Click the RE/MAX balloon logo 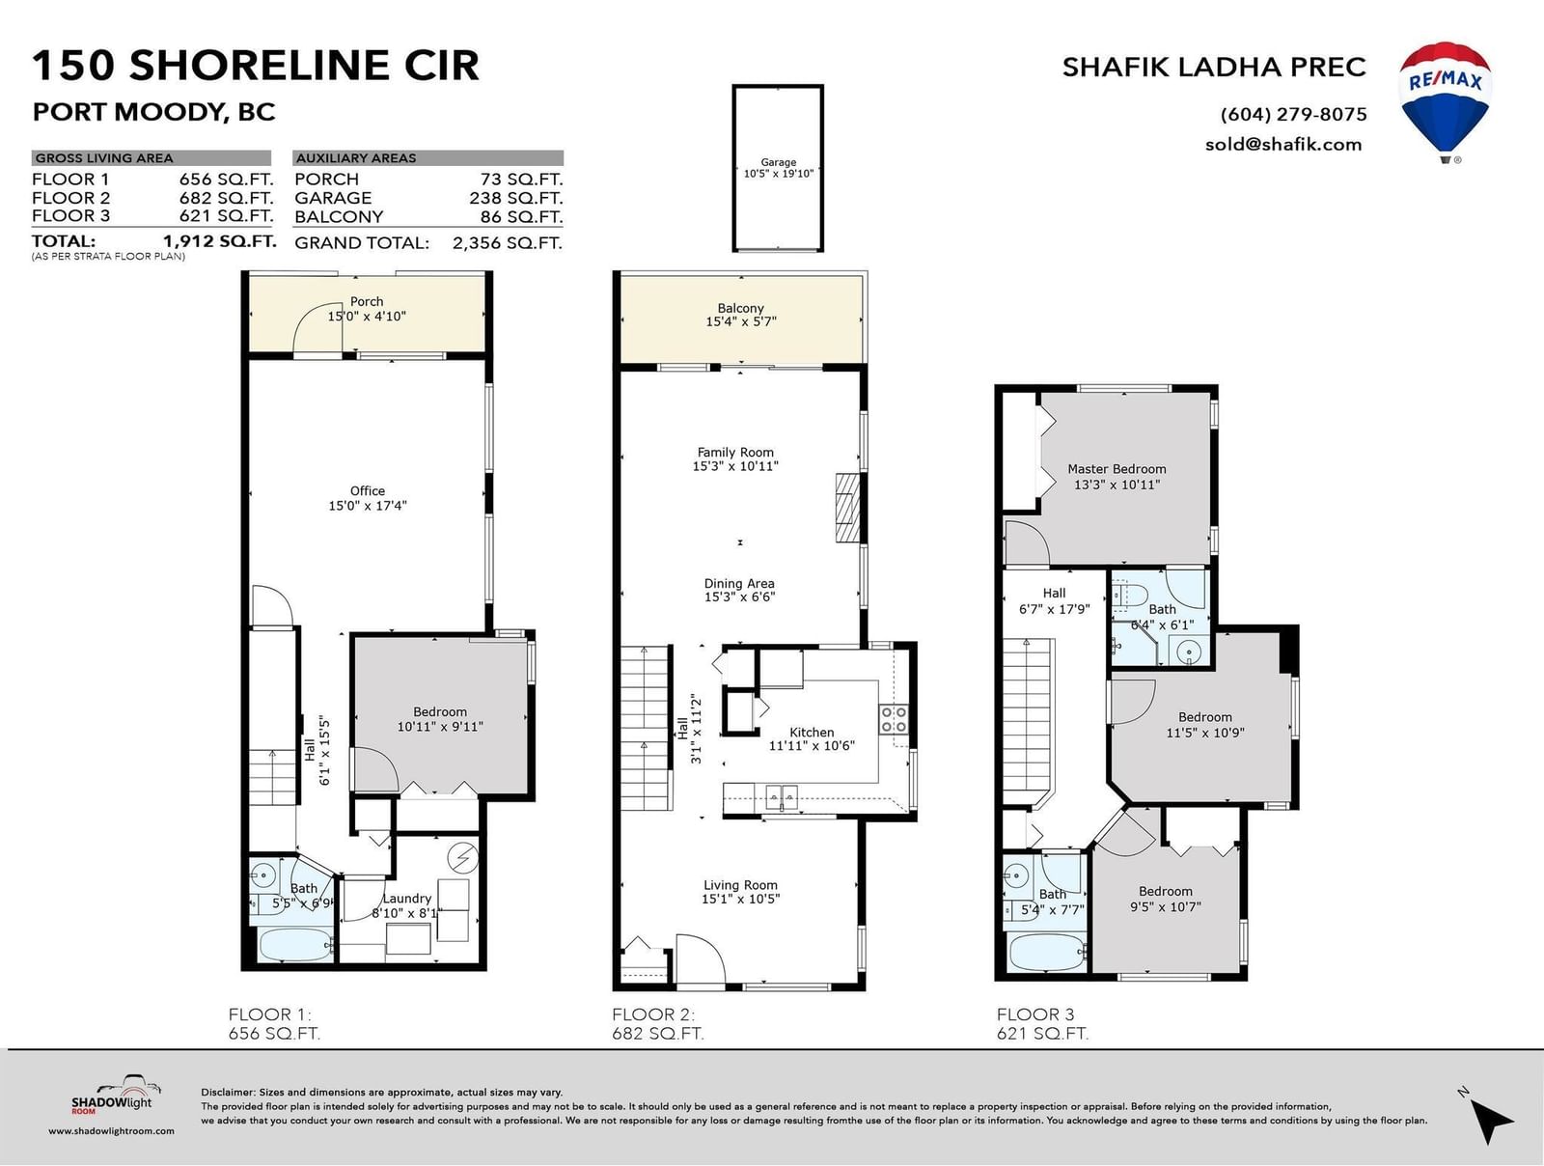1445,102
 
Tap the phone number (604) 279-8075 1294,114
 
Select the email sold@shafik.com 1283,144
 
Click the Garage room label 778,162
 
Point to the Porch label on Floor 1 367,302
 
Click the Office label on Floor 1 368,491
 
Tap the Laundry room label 406,899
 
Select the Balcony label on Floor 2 741,308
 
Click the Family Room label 735,452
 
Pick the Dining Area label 739,583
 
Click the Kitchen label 811,732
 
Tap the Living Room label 741,885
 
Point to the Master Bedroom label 1117,469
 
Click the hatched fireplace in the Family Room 847,508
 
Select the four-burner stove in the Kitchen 894,720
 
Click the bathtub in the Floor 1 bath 295,945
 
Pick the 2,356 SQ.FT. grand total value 508,243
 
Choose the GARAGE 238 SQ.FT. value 515,198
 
